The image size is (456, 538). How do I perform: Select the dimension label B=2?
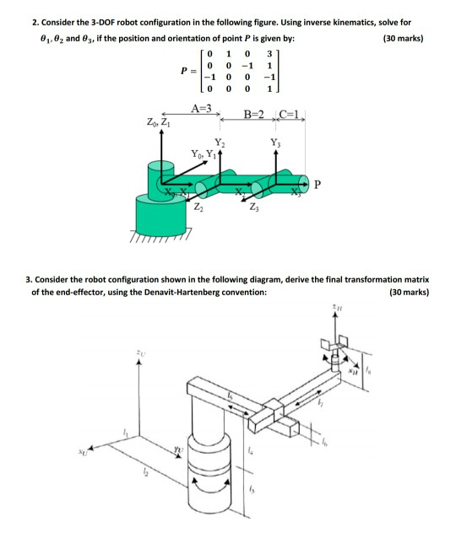(254, 113)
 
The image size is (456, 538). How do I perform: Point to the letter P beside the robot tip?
(318, 184)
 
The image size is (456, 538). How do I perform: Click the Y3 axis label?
(274, 142)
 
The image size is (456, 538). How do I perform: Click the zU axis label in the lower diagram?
(141, 352)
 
